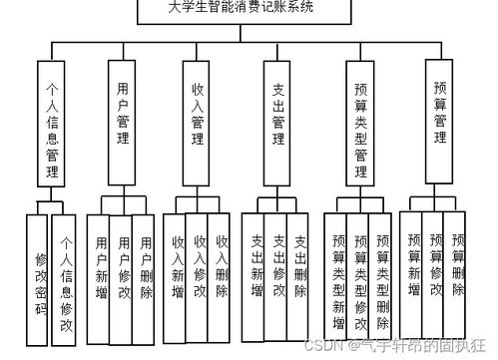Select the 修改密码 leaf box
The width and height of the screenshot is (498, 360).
point(41,274)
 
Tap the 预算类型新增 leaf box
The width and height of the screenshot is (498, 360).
point(338,279)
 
